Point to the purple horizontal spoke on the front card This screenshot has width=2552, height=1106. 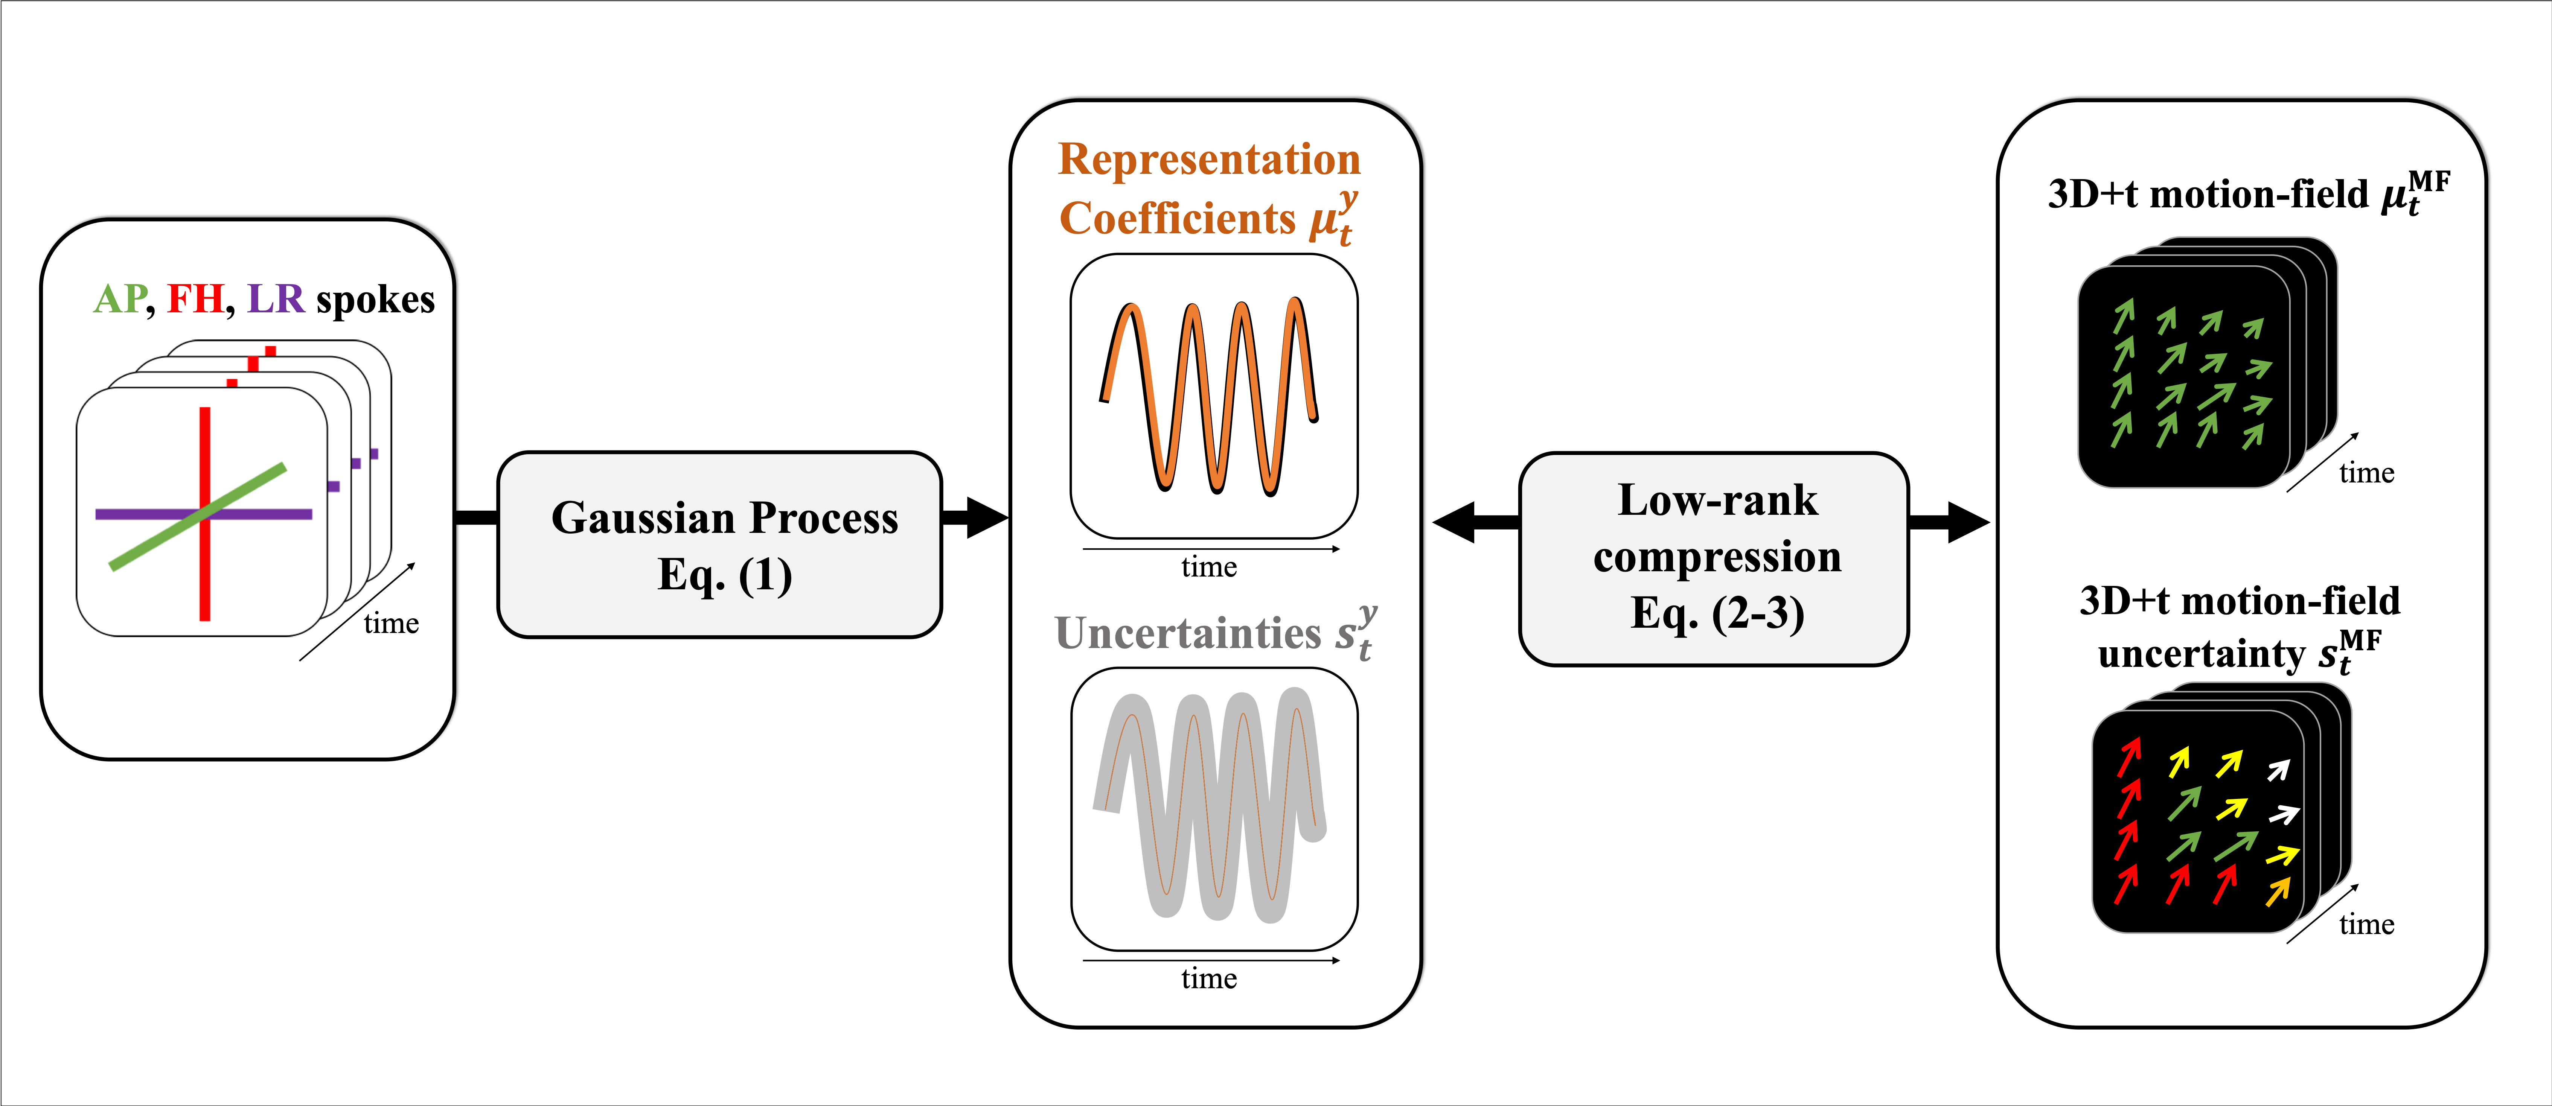click(x=139, y=514)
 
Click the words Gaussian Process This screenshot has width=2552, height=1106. click(x=724, y=518)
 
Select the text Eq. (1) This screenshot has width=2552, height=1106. click(x=724, y=574)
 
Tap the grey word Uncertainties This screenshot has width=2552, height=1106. click(x=1187, y=634)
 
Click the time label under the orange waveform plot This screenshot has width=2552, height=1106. click(x=1209, y=567)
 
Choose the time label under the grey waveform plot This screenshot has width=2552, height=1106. click(x=1209, y=979)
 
